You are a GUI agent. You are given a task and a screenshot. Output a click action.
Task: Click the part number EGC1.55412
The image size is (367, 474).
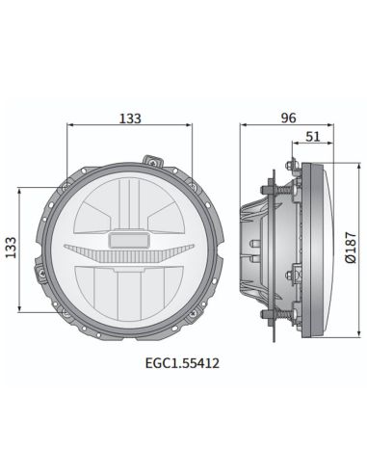pyautogui.click(x=177, y=363)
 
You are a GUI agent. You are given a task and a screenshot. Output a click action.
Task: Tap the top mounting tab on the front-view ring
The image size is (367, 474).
pyautogui.click(x=149, y=158)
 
